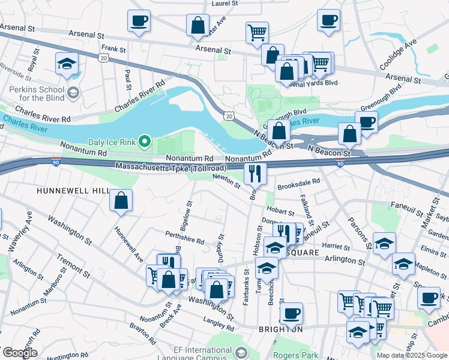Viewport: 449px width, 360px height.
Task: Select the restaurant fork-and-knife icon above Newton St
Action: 255,173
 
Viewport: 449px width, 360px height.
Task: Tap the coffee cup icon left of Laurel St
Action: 139,22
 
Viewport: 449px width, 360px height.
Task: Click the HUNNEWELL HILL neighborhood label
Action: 73,190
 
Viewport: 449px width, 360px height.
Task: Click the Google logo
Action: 19,353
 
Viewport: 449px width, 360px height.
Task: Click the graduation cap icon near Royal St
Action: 67,63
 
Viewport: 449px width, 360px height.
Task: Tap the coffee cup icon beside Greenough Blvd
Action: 366,122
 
